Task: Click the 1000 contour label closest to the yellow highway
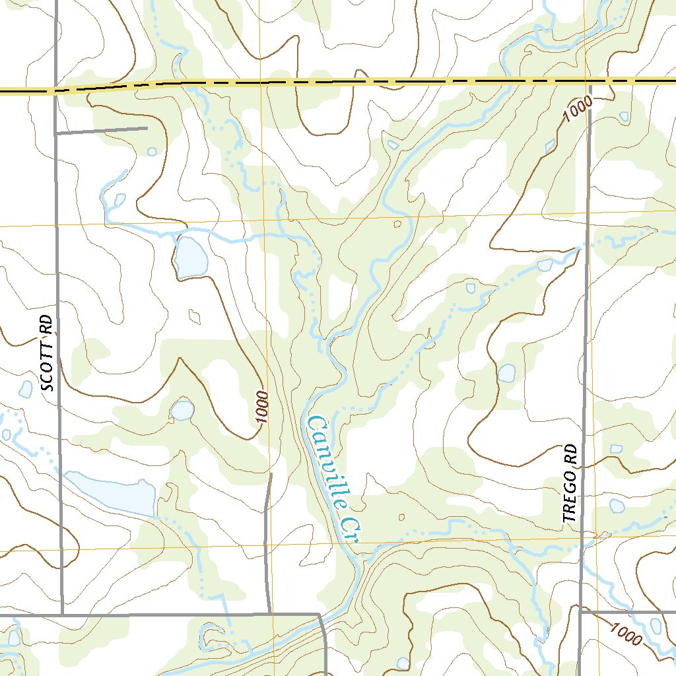point(579,108)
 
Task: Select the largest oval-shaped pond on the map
point(189,257)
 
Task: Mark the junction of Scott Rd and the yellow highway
point(55,90)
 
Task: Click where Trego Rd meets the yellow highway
point(588,81)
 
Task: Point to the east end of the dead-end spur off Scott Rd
point(146,127)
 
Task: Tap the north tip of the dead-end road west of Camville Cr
point(271,473)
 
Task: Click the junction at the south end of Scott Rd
point(62,615)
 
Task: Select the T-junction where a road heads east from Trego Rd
point(580,611)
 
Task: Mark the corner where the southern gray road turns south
point(321,615)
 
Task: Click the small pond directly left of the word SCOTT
point(26,389)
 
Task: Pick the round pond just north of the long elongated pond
point(182,411)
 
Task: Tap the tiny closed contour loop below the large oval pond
point(194,317)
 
